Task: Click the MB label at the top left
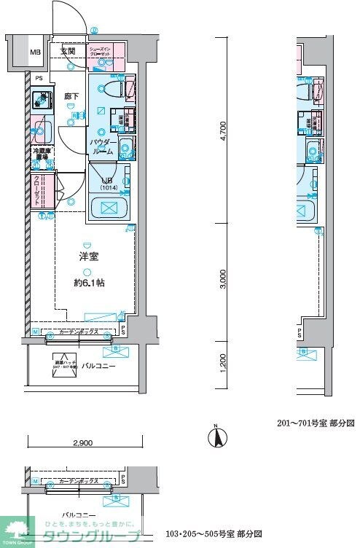[x=34, y=52]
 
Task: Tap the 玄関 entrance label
[x=68, y=52]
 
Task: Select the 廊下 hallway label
[x=71, y=96]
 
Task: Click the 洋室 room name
[x=89, y=256]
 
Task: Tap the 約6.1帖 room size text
[x=90, y=282]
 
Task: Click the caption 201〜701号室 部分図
[x=315, y=423]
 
